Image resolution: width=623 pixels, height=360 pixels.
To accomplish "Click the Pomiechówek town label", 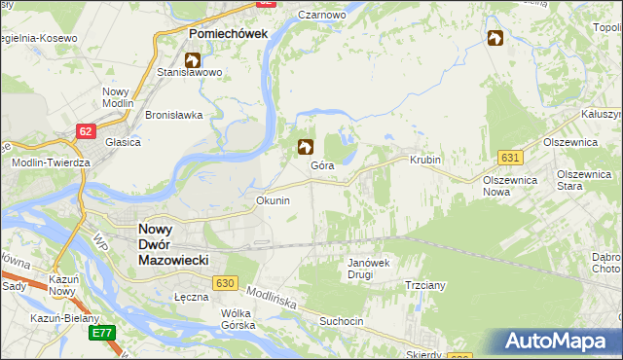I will point(227,33).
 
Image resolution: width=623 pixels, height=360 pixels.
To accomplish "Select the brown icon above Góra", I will point(305,147).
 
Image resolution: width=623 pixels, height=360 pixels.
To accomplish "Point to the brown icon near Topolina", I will point(495,38).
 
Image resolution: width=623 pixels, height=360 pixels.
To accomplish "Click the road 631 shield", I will point(509,157).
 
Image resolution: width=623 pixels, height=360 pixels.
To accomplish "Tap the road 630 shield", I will point(225,282).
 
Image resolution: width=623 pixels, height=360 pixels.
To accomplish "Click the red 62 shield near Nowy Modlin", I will point(87,128).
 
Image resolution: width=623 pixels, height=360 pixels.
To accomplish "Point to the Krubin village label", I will point(425,160).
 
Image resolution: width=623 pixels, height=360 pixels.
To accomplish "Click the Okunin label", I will point(273,200).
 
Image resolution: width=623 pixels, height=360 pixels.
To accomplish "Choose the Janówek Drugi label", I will point(369,269).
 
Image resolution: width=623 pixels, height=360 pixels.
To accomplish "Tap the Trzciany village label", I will point(424,286).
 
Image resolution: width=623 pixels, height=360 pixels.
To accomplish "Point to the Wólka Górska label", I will point(238,319).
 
